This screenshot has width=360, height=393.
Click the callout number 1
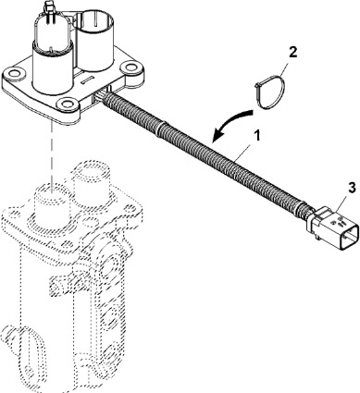pos(256,135)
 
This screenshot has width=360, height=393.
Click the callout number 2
pos(292,52)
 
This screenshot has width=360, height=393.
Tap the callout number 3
pos(353,187)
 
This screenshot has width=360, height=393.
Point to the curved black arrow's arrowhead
pos(219,135)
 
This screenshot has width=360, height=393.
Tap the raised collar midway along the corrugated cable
pos(160,128)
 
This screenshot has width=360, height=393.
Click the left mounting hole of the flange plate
pos(14,73)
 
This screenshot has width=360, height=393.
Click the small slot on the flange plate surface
pos(88,80)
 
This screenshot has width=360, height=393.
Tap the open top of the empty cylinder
pos(95,20)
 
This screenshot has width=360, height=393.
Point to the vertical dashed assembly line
pos(51,155)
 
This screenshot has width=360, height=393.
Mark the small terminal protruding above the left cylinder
pos(50,6)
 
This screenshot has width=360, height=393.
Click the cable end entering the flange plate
pos(104,98)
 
